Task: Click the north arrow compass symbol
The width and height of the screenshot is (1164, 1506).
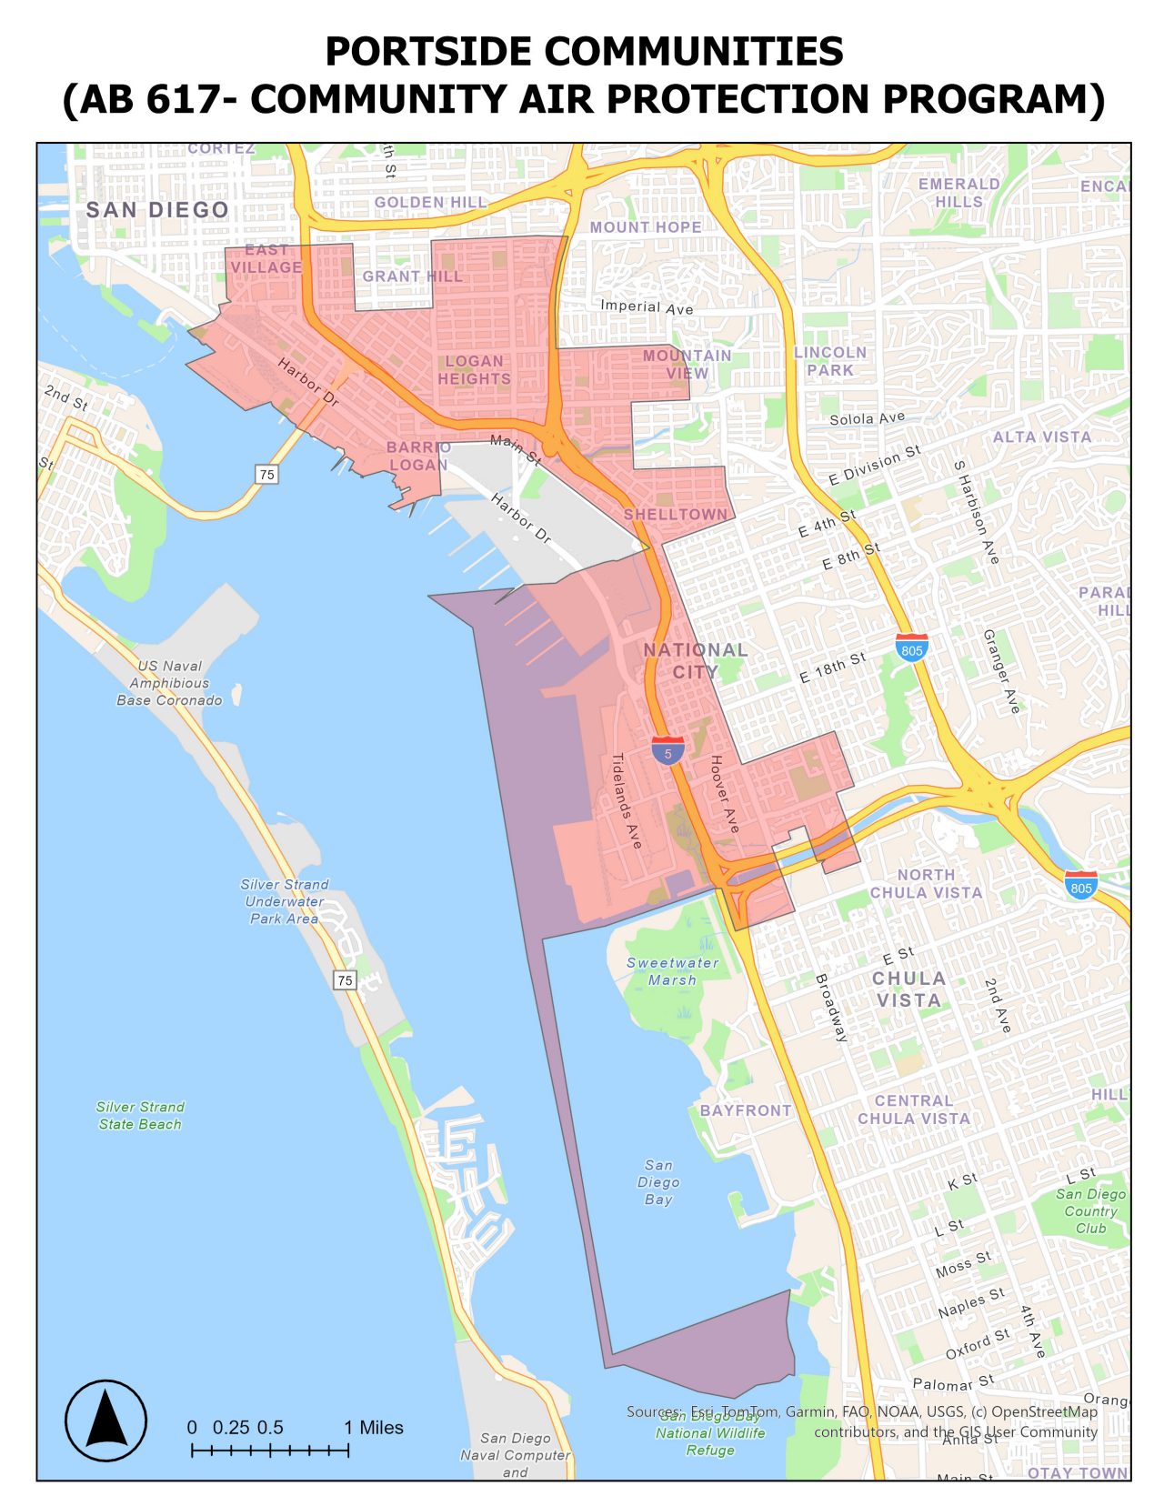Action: point(105,1420)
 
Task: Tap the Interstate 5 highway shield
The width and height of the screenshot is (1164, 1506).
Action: point(667,751)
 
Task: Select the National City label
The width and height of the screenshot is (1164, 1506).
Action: point(696,660)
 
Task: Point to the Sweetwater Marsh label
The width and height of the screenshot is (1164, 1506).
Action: point(673,971)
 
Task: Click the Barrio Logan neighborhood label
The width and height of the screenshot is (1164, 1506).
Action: point(418,456)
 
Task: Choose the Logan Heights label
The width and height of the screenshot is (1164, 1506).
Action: point(474,370)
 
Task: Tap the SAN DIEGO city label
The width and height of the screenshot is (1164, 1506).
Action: point(157,210)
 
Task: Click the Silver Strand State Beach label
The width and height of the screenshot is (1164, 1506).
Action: point(140,1115)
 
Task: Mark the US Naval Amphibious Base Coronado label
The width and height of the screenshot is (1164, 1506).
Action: point(169,683)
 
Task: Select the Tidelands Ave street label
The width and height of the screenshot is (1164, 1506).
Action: point(627,800)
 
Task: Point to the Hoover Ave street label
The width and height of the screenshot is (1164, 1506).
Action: point(725,794)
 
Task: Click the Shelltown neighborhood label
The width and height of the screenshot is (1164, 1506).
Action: point(676,515)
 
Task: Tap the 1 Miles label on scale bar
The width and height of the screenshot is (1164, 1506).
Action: point(374,1427)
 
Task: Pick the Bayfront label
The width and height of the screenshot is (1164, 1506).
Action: point(746,1110)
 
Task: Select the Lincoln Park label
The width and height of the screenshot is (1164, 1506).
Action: point(830,361)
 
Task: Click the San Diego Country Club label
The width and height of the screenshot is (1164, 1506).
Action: point(1090,1210)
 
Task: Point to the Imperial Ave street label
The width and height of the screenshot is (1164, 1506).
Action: point(647,306)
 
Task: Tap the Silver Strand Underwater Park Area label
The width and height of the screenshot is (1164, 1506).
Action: point(285,901)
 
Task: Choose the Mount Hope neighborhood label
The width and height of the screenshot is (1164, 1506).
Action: point(646,227)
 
